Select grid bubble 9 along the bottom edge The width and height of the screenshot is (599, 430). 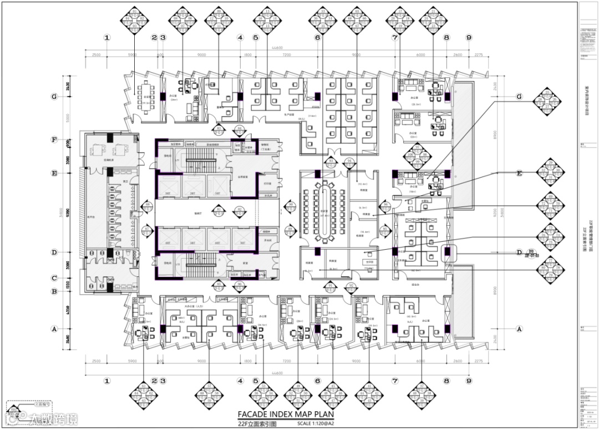(469, 381)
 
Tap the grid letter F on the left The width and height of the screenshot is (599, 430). (54, 139)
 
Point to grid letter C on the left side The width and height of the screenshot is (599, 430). (54, 279)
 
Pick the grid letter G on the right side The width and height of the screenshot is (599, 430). (519, 97)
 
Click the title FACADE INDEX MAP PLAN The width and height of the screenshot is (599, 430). (286, 414)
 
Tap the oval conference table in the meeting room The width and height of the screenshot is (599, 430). (326, 211)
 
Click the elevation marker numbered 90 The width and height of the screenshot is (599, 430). (291, 205)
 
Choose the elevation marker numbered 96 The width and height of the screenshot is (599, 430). (384, 230)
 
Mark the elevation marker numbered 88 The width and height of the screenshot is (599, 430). (148, 205)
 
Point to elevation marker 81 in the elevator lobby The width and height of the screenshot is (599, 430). (219, 210)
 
